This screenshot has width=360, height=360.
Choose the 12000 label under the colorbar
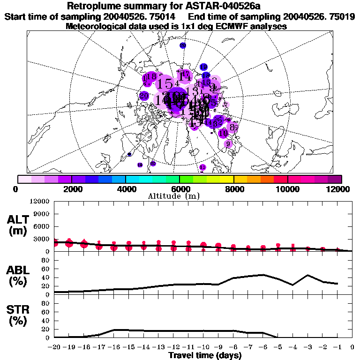pyautogui.click(x=341, y=189)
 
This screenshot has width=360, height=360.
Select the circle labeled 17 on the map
pyautogui.click(x=186, y=75)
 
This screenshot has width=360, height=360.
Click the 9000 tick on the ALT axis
pyautogui.click(x=42, y=214)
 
